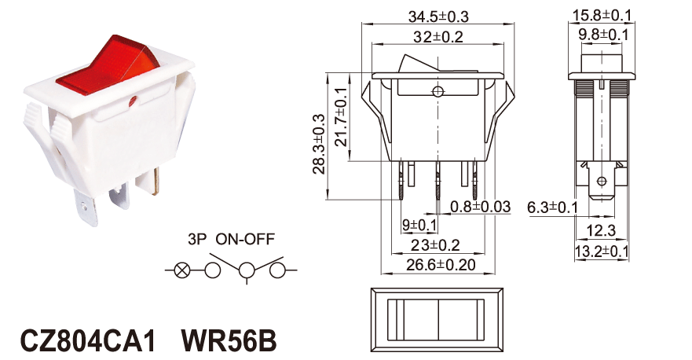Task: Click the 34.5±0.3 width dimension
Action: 438,17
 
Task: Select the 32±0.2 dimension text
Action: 438,37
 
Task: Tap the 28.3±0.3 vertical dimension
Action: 319,145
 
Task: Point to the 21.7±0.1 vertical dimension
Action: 341,117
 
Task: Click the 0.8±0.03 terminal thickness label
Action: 480,206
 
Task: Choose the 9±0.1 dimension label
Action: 419,226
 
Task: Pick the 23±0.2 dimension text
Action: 436,244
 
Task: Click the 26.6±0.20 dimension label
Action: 441,265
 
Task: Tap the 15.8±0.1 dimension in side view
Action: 602,16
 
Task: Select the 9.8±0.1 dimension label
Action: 603,35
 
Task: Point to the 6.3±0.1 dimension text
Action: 552,207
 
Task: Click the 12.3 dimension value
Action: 601,230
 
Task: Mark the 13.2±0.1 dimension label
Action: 602,252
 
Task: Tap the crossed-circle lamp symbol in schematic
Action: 181,270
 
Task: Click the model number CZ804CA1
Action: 88,340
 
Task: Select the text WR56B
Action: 229,340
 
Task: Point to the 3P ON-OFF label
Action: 231,239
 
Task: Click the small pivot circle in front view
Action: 438,91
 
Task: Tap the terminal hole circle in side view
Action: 601,181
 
